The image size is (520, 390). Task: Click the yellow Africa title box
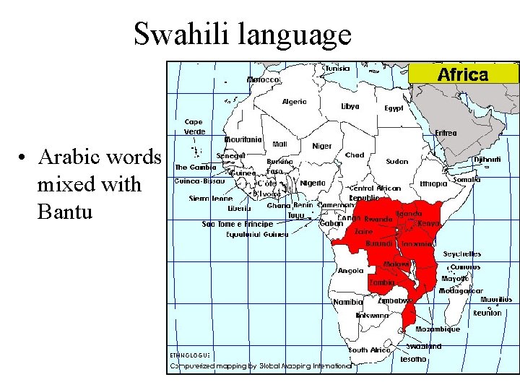tap(463, 74)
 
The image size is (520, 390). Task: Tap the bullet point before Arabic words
tap(24, 158)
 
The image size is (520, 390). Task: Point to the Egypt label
tap(394, 108)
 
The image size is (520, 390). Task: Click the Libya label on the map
tap(350, 106)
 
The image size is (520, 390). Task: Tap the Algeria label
tap(294, 101)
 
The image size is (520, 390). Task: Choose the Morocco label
tap(264, 79)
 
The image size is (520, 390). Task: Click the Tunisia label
tap(336, 69)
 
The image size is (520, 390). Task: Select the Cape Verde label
tap(194, 126)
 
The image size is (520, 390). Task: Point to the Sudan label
tap(397, 162)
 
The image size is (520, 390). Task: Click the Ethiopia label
tap(433, 183)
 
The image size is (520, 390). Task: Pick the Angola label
tap(351, 271)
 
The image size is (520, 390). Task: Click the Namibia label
tap(347, 302)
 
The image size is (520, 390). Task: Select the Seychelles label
tap(461, 254)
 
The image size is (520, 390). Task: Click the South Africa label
tap(368, 350)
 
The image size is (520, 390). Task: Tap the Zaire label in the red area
tap(363, 232)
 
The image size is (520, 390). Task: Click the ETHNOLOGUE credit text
tap(189, 355)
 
